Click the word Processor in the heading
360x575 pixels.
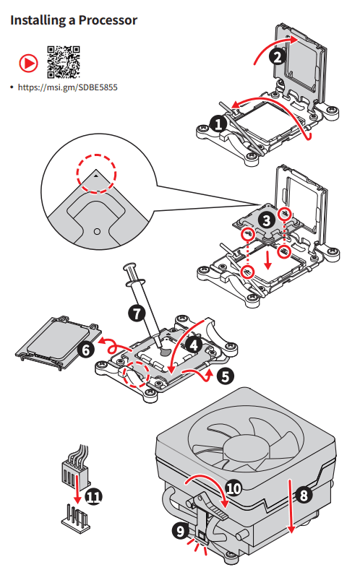108,20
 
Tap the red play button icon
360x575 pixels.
28,64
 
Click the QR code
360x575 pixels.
64,61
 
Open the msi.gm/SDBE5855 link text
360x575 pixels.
67,87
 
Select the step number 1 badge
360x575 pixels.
219,124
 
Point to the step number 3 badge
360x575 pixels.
267,220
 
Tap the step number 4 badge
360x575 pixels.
194,345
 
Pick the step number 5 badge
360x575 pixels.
225,376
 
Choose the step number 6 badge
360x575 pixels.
86,350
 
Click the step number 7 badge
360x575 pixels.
137,314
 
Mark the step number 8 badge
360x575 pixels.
304,495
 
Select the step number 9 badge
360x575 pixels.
181,531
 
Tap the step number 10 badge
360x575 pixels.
233,488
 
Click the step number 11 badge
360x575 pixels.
94,496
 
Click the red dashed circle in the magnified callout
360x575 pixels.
96,155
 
